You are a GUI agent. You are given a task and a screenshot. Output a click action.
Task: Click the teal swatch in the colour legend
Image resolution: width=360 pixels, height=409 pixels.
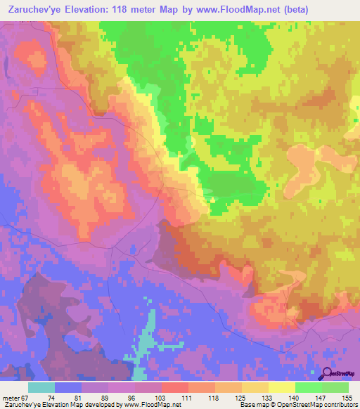coord(41,388)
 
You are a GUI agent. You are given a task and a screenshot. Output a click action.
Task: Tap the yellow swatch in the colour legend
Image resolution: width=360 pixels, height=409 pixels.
coord(281,388)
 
